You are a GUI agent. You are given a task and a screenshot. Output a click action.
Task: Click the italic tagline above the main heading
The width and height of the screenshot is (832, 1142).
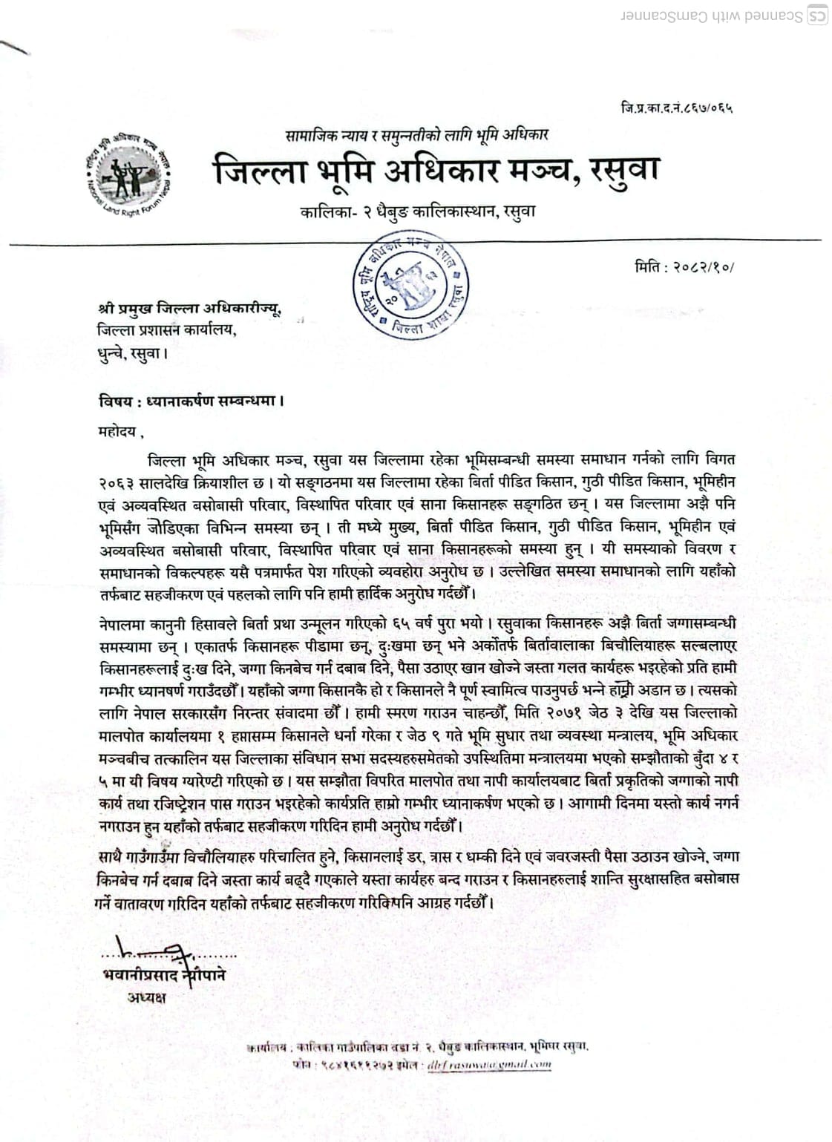(x=417, y=136)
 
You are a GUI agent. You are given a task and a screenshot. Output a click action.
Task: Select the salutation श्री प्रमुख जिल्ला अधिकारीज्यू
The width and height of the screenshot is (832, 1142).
(x=190, y=307)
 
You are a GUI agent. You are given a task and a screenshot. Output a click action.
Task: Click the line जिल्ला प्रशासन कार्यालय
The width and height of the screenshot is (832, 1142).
(x=167, y=330)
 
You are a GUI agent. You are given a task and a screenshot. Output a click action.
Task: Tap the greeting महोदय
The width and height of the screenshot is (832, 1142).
(x=118, y=430)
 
